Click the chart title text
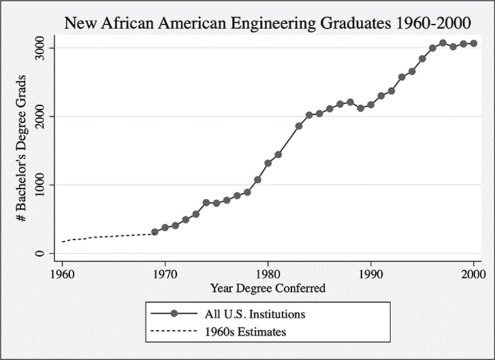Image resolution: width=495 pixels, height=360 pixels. click(268, 22)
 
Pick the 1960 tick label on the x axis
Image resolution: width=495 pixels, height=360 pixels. click(62, 275)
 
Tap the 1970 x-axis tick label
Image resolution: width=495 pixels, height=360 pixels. click(165, 275)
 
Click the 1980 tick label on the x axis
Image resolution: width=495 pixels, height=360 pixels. click(268, 275)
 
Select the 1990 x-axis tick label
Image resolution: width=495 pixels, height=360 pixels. click(371, 275)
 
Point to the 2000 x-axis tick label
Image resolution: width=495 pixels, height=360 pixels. click(474, 275)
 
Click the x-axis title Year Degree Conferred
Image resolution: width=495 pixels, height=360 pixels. click(268, 289)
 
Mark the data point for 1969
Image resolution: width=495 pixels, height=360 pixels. click(155, 232)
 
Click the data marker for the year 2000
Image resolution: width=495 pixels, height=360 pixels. click(474, 44)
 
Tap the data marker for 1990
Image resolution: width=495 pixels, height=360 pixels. click(371, 105)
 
